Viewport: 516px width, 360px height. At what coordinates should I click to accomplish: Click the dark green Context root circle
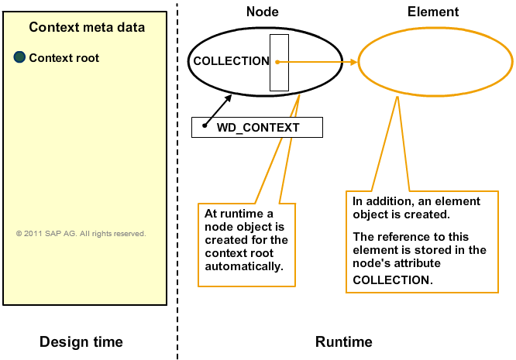(19, 57)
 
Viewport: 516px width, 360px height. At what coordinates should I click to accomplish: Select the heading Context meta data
(87, 27)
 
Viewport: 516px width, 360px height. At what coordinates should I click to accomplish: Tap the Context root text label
(64, 58)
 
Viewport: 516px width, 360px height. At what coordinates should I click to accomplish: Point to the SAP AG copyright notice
(81, 234)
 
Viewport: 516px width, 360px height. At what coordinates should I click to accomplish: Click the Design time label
(81, 341)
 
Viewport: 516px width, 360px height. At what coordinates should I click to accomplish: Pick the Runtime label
(344, 342)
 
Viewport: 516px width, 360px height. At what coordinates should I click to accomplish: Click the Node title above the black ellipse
(263, 12)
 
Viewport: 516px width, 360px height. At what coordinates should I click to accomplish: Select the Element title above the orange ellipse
(433, 12)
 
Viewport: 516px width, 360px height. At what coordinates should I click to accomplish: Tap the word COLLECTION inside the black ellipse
(232, 61)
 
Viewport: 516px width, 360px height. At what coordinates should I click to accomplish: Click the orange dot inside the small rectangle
(277, 62)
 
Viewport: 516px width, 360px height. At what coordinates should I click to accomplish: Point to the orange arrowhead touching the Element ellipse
(354, 62)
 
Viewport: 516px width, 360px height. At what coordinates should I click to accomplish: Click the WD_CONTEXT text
(258, 128)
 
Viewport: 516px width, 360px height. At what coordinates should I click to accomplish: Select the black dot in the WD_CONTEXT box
(205, 125)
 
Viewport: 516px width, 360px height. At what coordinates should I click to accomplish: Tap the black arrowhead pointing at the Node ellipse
(228, 99)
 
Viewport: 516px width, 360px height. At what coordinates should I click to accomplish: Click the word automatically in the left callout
(244, 266)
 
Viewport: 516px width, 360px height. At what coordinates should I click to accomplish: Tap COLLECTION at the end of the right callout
(393, 280)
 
